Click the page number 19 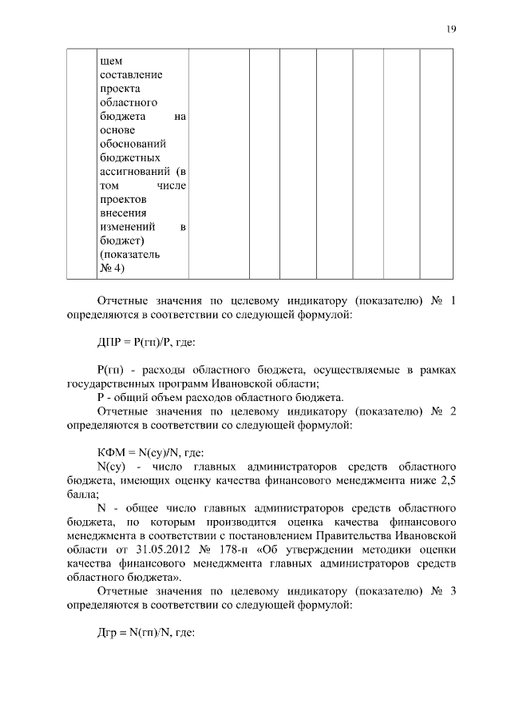(452, 30)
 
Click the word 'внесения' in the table (121, 213)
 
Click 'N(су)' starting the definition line (111, 466)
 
